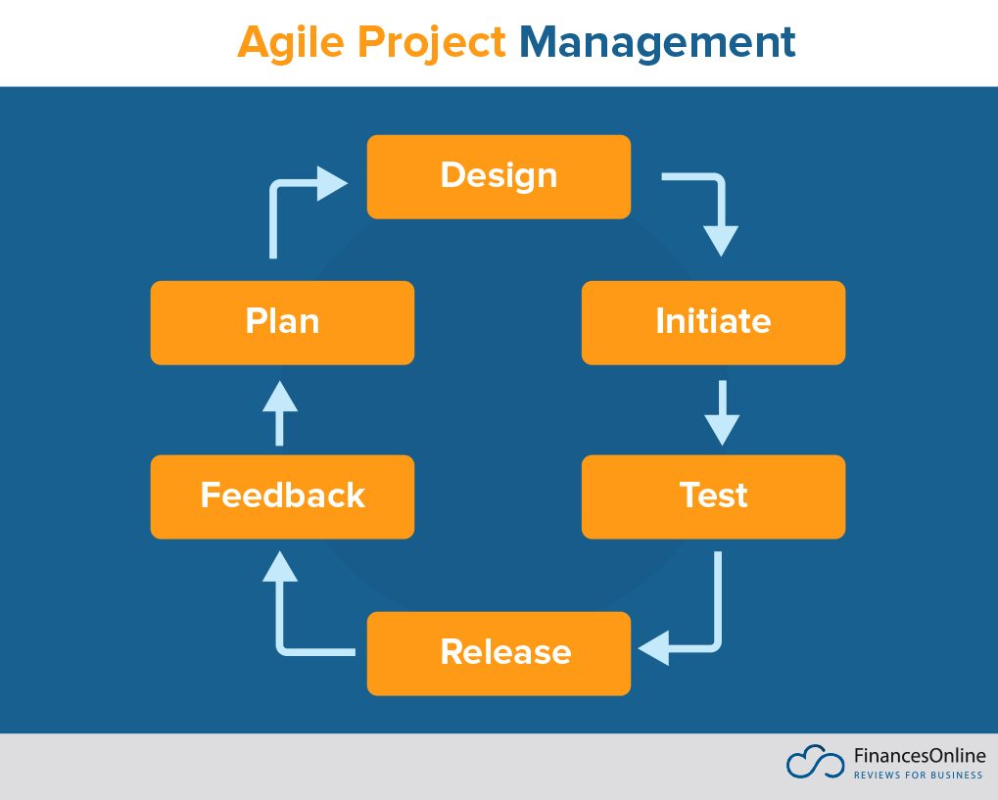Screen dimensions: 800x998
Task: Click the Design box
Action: tap(499, 176)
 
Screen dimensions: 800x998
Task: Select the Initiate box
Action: tap(713, 322)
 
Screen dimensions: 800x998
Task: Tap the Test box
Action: tap(713, 496)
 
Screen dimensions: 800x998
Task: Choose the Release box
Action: tap(499, 653)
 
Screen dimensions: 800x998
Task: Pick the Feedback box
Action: tap(282, 496)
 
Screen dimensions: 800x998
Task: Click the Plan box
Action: tap(282, 322)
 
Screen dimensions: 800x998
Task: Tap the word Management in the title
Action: tap(656, 43)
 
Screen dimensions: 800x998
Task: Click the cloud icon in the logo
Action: tap(814, 763)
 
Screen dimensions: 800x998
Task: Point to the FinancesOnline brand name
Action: tap(919, 756)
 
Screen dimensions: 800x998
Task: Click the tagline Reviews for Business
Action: tap(918, 776)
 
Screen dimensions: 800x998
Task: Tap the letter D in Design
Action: tap(452, 176)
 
